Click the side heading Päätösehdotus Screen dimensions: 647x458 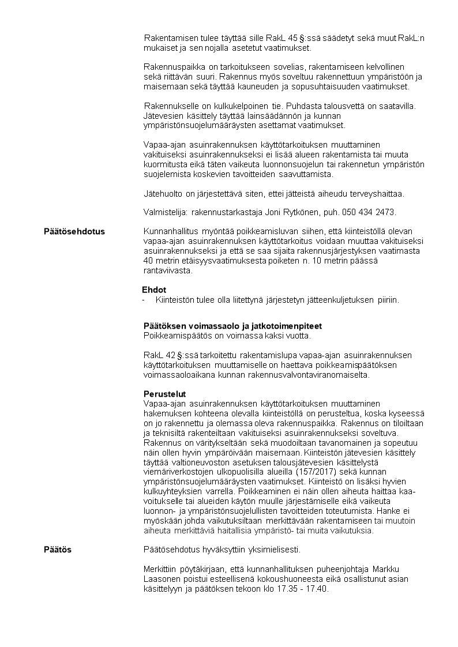click(74, 232)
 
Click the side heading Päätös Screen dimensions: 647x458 click(58, 550)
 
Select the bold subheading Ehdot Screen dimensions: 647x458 click(154, 290)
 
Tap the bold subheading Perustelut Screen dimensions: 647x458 click(164, 394)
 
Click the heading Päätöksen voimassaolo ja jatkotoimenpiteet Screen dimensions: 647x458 click(232, 326)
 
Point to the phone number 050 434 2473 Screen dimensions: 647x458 click(368, 212)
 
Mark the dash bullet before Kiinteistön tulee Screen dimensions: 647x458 click(144, 300)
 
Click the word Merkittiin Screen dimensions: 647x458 click(161, 570)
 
